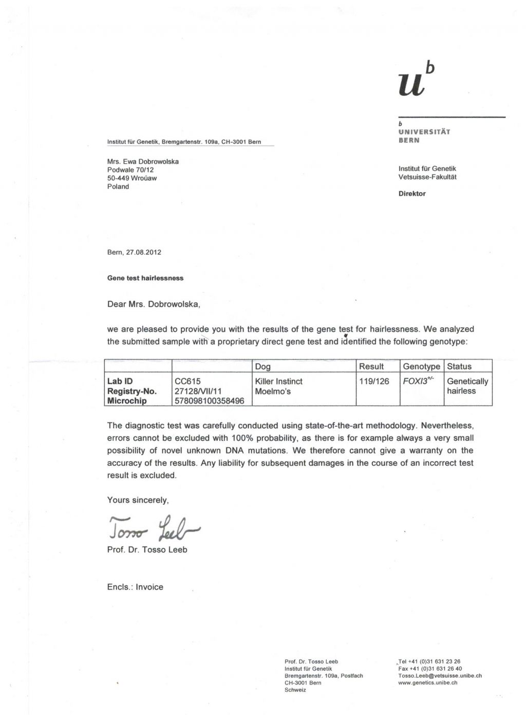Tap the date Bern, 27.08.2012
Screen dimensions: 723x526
134,252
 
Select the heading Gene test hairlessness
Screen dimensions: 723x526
145,278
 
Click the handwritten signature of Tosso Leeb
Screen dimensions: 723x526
154,526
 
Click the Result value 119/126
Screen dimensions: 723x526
374,382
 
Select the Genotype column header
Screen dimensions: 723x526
421,366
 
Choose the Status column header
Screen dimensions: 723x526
459,366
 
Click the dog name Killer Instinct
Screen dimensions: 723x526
279,382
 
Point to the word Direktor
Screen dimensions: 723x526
412,194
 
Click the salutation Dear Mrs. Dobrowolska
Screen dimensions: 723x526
154,304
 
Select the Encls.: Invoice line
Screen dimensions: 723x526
135,587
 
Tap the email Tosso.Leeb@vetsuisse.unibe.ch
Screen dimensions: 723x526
440,676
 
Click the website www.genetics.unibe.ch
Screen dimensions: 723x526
428,683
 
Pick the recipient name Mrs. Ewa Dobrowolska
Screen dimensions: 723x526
143,161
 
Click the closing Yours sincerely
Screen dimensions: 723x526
138,500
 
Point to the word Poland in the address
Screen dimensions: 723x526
118,186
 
